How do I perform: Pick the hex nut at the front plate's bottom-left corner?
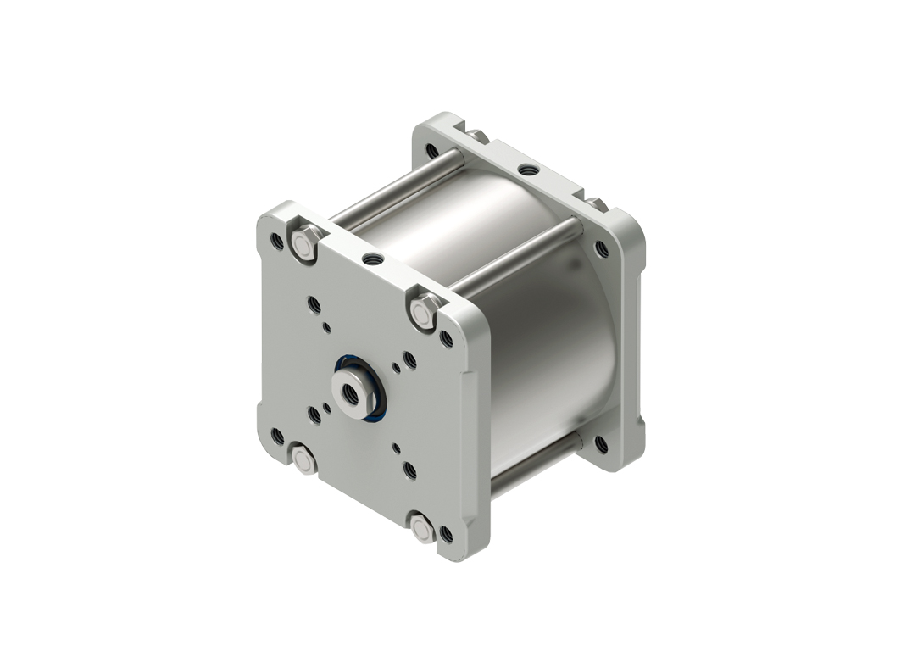pos(304,460)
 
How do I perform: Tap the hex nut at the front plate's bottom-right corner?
pos(422,527)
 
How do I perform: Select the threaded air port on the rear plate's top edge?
pos(530,170)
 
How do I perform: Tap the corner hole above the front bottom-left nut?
pos(276,436)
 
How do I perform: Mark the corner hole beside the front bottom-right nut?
pos(447,534)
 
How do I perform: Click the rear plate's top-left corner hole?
pos(432,151)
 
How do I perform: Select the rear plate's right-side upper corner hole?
pos(602,248)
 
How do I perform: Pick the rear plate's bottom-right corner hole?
pos(601,442)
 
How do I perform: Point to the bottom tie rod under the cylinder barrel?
pos(534,462)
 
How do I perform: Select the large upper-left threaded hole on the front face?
pos(314,303)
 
